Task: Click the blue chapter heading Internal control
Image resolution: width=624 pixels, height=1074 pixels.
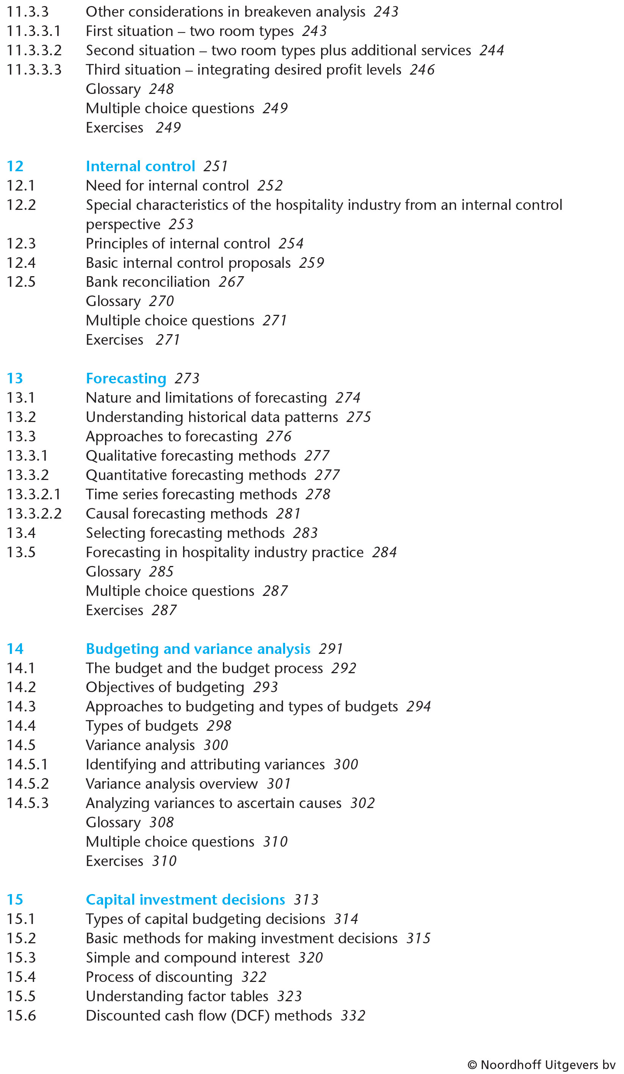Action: pyautogui.click(x=140, y=166)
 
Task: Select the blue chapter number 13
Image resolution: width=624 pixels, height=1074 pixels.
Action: pyautogui.click(x=15, y=378)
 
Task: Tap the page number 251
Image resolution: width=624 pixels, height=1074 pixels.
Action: pyautogui.click(x=215, y=166)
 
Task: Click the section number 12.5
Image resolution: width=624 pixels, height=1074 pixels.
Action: pyautogui.click(x=21, y=282)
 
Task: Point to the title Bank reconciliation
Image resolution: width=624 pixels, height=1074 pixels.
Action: pyautogui.click(x=147, y=282)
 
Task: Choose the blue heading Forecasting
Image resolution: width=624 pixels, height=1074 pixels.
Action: pyautogui.click(x=126, y=378)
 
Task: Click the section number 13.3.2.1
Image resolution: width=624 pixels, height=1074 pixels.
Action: pyautogui.click(x=34, y=494)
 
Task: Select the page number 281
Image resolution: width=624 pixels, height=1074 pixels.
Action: pyautogui.click(x=288, y=514)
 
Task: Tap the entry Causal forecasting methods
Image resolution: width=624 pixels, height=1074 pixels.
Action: pyautogui.click(x=177, y=514)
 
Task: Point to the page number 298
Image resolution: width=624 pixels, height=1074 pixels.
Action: pyautogui.click(x=219, y=726)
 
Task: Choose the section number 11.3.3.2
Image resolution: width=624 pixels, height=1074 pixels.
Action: pyautogui.click(x=34, y=50)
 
